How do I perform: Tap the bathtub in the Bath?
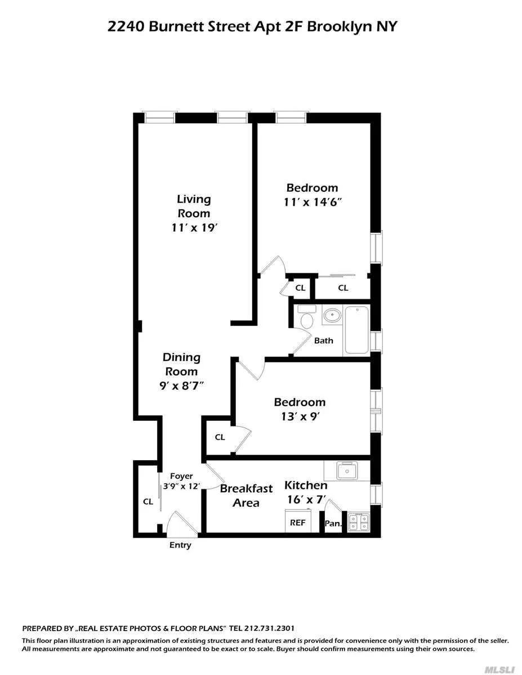[356, 330]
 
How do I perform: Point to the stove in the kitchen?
[358, 523]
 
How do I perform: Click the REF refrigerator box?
[297, 522]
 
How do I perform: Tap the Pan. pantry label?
[333, 524]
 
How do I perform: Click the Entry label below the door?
[180, 545]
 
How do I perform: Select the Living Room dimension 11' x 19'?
[194, 228]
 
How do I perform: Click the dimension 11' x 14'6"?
[313, 202]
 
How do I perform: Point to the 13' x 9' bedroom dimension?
[300, 416]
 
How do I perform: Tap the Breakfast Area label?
[246, 496]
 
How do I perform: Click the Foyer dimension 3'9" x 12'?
[181, 486]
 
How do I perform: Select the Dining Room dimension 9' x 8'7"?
[181, 386]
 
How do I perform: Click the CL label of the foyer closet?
[148, 501]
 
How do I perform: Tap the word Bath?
[324, 340]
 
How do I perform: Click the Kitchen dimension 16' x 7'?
[306, 498]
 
